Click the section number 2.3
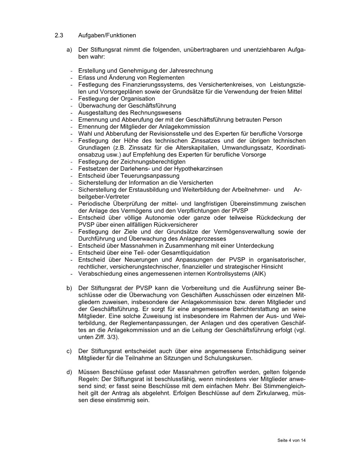click(x=59, y=36)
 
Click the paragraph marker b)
click(x=69, y=288)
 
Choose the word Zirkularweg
click(x=269, y=394)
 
